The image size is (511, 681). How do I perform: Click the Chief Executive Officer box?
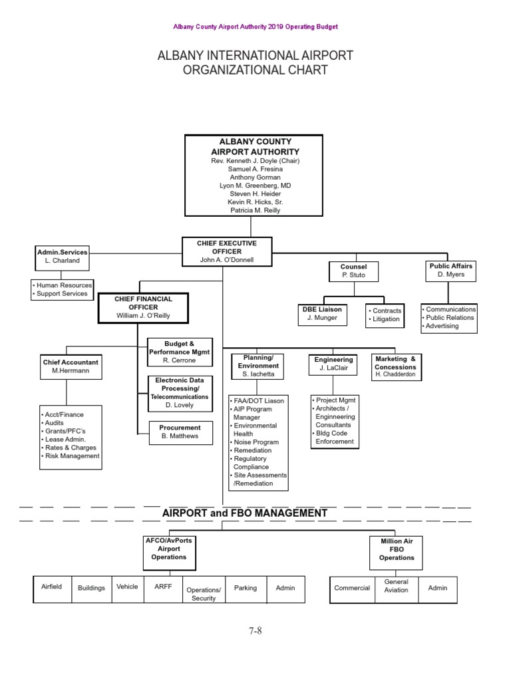[227, 252]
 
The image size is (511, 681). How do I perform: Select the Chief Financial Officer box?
[143, 308]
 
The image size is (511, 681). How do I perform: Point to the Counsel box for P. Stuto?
[355, 271]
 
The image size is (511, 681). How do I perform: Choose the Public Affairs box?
[451, 270]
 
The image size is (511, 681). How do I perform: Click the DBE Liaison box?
[322, 314]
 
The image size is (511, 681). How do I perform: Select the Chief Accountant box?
[71, 366]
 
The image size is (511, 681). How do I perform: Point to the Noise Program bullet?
[256, 442]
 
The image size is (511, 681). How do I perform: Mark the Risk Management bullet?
[71, 456]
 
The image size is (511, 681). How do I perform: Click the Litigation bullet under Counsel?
[385, 319]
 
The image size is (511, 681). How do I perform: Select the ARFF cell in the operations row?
[164, 587]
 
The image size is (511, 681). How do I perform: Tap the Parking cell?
[246, 588]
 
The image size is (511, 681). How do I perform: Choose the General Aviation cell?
[396, 586]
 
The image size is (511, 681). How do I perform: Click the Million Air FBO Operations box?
[397, 550]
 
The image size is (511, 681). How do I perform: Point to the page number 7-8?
[255, 631]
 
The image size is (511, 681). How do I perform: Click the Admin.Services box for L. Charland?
[62, 257]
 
